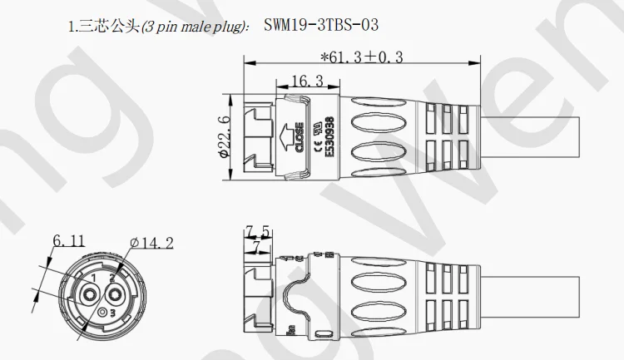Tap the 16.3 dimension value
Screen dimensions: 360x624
(307, 81)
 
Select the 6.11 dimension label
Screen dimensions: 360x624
(68, 241)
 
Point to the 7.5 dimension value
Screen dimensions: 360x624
(257, 230)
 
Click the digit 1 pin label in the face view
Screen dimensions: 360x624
(93, 277)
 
